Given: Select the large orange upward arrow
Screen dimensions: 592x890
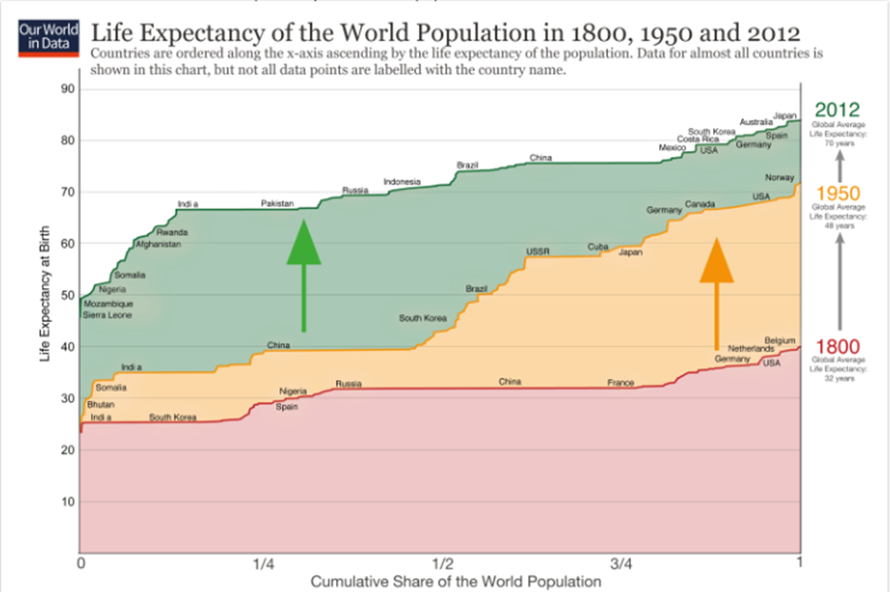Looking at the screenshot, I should click(x=717, y=294).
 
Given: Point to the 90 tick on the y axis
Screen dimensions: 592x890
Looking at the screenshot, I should click(x=69, y=88).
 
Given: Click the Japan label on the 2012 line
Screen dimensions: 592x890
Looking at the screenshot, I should click(x=785, y=114).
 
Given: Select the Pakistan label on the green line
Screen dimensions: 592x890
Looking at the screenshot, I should click(x=278, y=203).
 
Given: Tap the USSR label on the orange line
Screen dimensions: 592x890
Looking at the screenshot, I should click(x=538, y=251).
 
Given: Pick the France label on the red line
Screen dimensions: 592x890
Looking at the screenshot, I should click(x=620, y=383).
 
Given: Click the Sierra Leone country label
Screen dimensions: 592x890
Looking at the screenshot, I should click(x=107, y=314).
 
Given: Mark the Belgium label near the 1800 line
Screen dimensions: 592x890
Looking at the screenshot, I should click(x=780, y=340).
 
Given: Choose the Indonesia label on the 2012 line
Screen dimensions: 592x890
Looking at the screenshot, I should click(x=402, y=181).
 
